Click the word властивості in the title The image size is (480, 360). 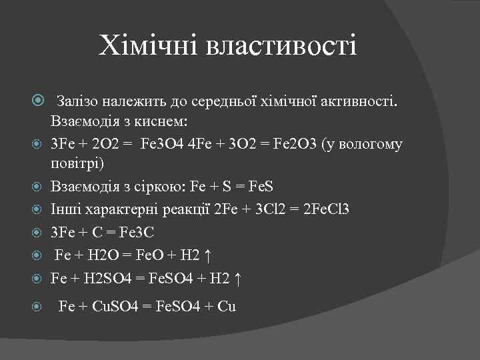[283, 47]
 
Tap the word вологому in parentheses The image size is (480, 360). [369, 145]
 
